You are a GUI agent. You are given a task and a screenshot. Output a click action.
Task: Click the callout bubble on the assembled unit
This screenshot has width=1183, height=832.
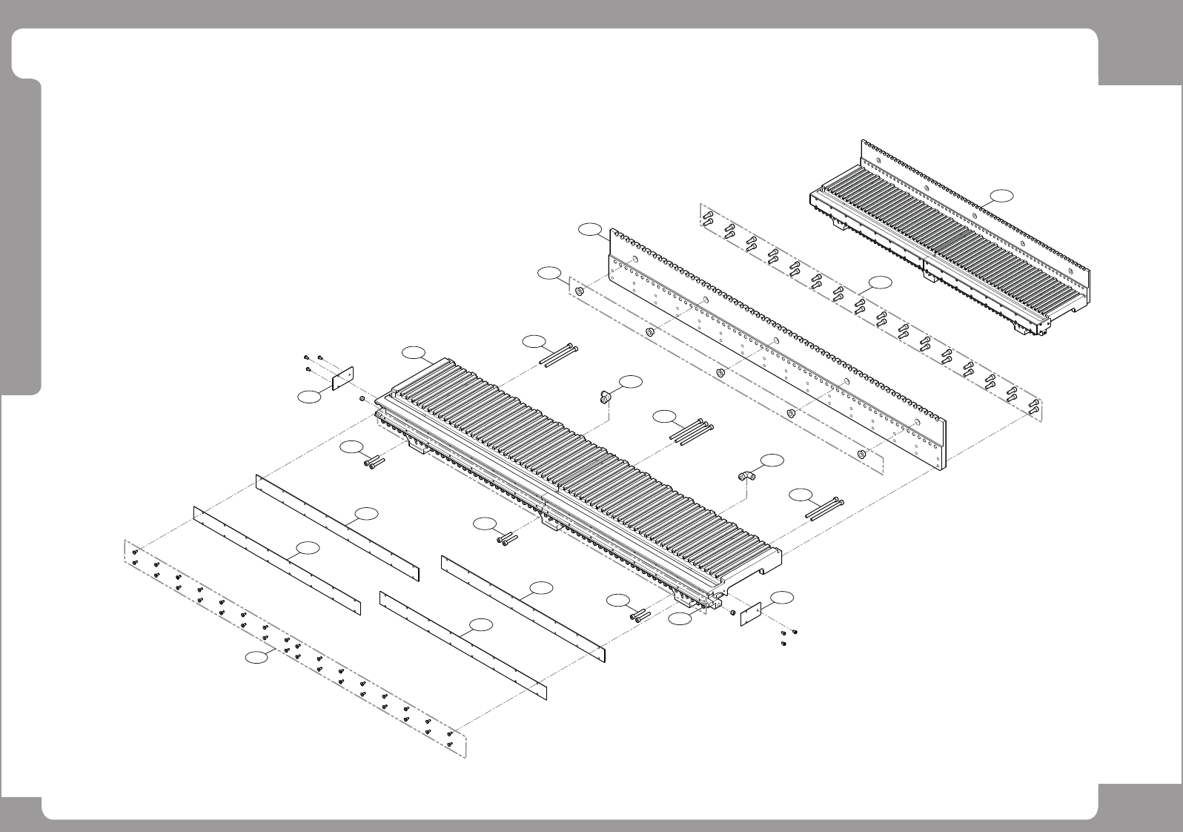(x=1001, y=195)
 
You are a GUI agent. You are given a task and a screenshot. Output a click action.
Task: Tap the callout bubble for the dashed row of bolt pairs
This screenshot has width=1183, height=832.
(x=881, y=282)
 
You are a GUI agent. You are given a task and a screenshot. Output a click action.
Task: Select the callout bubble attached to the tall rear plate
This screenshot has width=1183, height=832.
(x=591, y=229)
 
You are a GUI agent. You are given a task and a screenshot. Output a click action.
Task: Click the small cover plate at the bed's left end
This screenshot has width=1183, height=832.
(x=342, y=377)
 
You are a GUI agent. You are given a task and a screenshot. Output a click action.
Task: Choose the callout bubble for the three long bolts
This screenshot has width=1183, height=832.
(x=666, y=416)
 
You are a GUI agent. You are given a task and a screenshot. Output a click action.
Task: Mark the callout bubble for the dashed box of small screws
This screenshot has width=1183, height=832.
(x=258, y=657)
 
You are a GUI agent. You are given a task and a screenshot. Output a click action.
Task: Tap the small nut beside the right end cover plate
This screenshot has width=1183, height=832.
(x=732, y=613)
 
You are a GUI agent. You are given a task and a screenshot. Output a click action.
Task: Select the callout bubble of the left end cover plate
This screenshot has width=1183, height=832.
(x=309, y=397)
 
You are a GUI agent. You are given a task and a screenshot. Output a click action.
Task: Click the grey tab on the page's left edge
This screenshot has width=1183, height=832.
(x=20, y=237)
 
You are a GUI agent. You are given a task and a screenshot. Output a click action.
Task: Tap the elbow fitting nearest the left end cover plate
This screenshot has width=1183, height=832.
(x=605, y=397)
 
